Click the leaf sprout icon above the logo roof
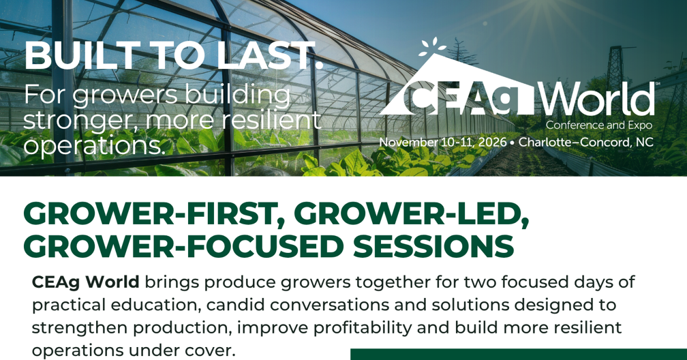(x=432, y=47)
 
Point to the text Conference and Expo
(x=599, y=125)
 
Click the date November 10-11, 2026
(x=442, y=142)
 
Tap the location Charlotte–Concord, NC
(x=586, y=142)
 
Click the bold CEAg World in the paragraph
(x=86, y=282)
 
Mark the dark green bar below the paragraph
(x=519, y=355)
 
